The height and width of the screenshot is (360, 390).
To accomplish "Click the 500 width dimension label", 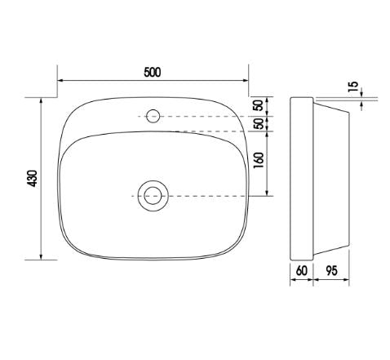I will pyautogui.click(x=152, y=71).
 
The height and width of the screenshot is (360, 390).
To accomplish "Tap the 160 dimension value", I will pyautogui.click(x=258, y=162).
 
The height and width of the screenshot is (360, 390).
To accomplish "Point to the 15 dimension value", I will pyautogui.click(x=353, y=87).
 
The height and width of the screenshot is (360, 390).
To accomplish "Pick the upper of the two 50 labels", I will pyautogui.click(x=258, y=106).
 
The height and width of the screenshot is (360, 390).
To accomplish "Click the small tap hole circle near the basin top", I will pyautogui.click(x=152, y=116).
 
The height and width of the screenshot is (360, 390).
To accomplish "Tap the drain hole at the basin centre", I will pyautogui.click(x=152, y=195).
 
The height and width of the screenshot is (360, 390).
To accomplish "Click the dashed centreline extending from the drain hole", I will pyautogui.click(x=204, y=196).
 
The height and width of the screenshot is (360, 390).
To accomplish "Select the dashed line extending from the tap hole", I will pyautogui.click(x=204, y=116).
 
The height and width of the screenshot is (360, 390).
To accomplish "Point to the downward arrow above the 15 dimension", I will pyautogui.click(x=366, y=91).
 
